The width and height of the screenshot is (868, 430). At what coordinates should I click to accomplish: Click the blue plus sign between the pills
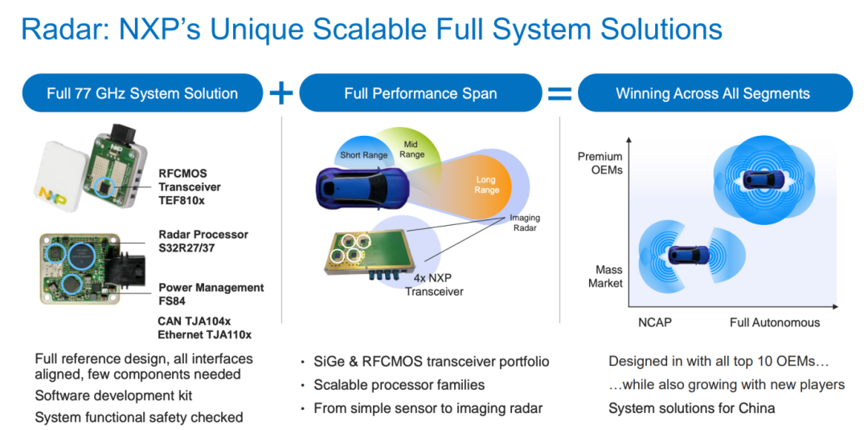(280, 93)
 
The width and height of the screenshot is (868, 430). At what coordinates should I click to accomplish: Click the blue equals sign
(559, 93)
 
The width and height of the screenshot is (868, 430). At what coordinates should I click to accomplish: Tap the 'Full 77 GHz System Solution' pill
(142, 93)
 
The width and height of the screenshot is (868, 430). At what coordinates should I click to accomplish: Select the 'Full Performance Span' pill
(420, 93)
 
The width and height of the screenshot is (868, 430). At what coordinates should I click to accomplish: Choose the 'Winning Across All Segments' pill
(715, 93)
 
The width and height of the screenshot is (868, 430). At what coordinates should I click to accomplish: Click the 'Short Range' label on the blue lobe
(364, 155)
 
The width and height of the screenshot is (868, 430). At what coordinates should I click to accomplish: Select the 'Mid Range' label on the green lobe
(411, 149)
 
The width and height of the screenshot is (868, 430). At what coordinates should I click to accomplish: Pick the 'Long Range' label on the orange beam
(487, 185)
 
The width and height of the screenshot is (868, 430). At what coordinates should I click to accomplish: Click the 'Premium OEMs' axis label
(600, 163)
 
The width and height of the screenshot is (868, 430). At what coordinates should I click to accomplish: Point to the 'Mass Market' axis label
(608, 276)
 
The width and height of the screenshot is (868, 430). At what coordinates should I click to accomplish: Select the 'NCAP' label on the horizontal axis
(656, 322)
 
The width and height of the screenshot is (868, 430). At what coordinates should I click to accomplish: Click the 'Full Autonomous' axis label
(775, 322)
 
